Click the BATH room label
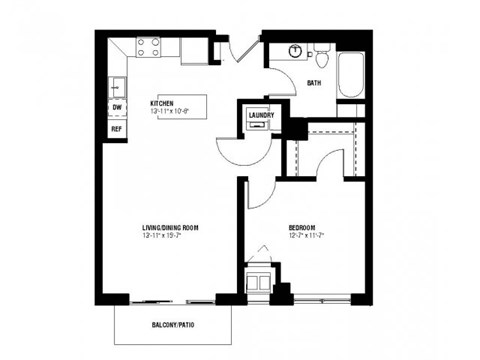point(313,83)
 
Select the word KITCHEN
point(163,102)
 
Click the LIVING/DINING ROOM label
point(170,227)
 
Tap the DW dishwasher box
point(116,107)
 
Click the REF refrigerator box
point(116,128)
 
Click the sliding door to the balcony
point(172,297)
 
